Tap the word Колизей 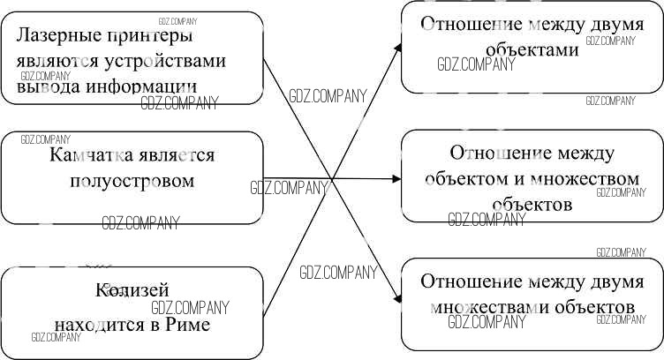tap(132, 290)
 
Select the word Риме tap(188, 326)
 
